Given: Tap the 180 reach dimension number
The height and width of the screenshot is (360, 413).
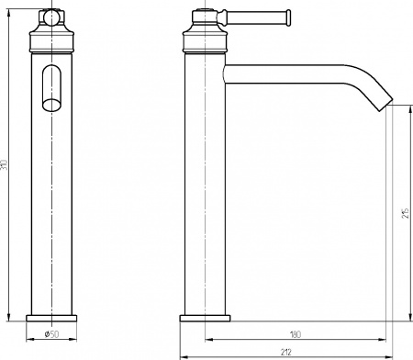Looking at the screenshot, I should [x=295, y=334].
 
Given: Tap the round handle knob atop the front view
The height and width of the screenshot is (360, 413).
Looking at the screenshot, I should [x=51, y=17].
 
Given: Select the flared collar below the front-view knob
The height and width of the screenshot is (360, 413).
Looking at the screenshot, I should [x=51, y=39].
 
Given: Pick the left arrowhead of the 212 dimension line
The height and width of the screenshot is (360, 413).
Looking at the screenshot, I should [x=180, y=355].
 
